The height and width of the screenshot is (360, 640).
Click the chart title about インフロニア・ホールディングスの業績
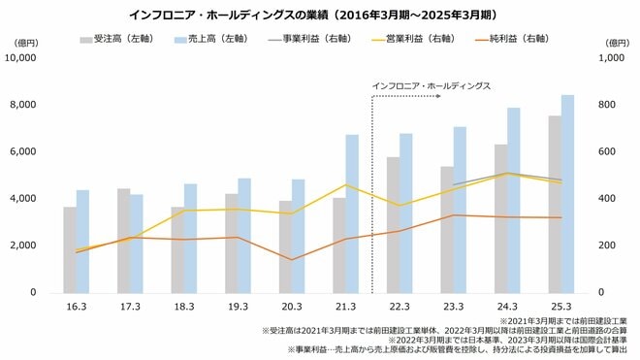click(319, 16)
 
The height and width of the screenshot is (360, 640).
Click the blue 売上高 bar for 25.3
click(568, 194)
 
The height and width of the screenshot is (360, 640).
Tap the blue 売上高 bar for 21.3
click(352, 213)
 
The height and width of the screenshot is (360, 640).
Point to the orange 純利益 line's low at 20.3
click(292, 259)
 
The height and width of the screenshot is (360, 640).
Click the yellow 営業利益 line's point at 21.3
click(346, 184)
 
